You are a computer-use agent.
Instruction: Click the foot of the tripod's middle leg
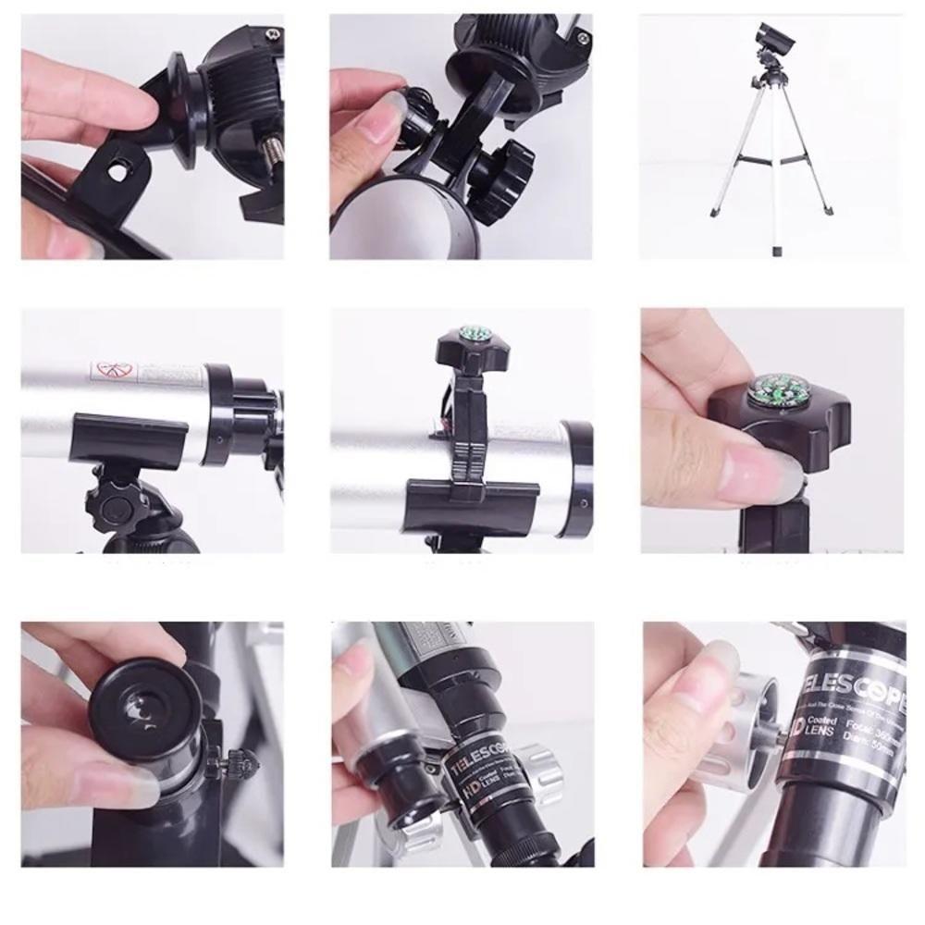point(775,250)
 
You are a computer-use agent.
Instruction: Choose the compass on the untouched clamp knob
point(474,333)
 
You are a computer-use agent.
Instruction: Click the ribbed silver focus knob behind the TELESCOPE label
point(542,767)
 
